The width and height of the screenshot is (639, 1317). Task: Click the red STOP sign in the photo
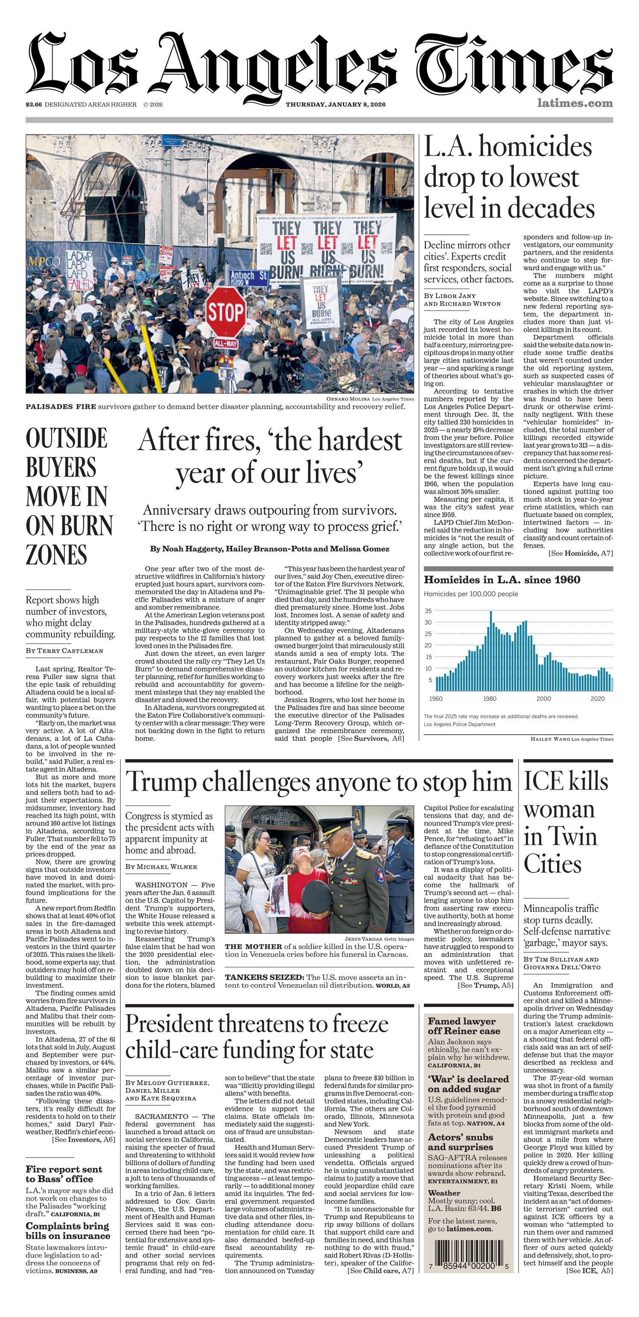click(x=226, y=311)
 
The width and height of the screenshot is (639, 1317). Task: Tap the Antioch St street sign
click(x=249, y=277)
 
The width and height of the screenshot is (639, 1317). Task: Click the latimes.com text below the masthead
click(x=574, y=103)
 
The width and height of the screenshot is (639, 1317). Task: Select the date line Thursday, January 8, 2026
click(x=335, y=105)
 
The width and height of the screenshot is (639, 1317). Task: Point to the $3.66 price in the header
click(x=34, y=105)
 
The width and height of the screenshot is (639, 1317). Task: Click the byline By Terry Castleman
click(x=65, y=651)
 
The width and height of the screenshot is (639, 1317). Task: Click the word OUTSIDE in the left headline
click(x=67, y=439)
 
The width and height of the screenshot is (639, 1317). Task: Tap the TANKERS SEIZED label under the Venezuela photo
click(x=265, y=978)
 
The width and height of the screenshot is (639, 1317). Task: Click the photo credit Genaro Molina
click(x=348, y=399)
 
